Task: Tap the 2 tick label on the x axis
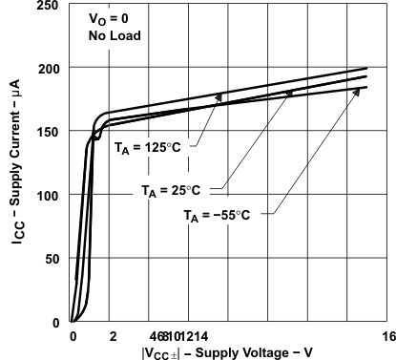tap(113, 336)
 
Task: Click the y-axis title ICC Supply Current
tap(18, 181)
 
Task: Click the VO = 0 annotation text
tap(111, 25)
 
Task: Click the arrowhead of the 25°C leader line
tap(292, 92)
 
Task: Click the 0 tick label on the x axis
tap(73, 336)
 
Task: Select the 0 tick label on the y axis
tap(58, 322)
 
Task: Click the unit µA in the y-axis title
tap(18, 97)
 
